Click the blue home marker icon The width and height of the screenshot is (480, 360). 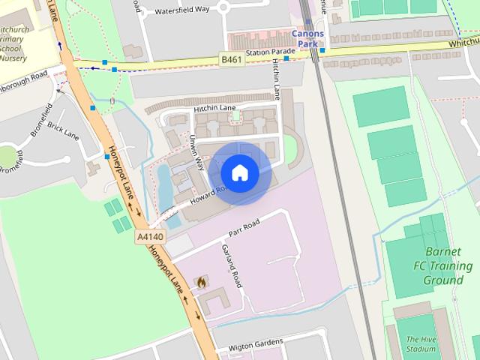coord(239,173)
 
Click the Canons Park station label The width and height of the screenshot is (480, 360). coord(307,39)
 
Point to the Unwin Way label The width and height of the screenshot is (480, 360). coord(198,151)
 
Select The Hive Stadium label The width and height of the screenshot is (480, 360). coord(421,344)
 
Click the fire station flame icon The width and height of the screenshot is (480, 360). coord(201,282)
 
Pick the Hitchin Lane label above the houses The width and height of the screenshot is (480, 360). coord(215,109)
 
